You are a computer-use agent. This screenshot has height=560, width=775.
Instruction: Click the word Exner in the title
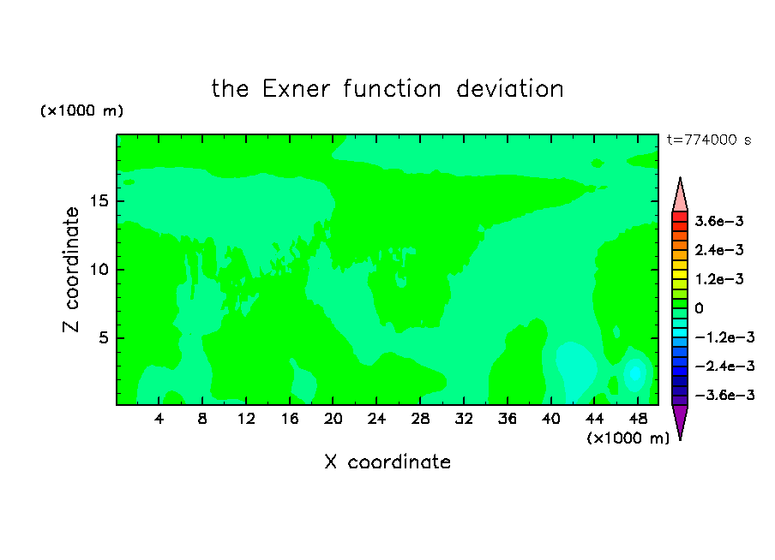point(296,89)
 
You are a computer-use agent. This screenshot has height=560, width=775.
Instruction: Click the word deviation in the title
point(509,89)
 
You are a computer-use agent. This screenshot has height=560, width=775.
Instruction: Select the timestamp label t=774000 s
point(709,140)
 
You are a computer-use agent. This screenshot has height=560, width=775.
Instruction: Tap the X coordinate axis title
point(387,462)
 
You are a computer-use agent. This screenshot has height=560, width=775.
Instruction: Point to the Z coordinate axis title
point(71,270)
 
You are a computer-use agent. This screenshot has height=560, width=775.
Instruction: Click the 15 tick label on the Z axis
point(99,201)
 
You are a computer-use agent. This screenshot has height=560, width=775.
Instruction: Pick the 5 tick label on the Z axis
point(104,337)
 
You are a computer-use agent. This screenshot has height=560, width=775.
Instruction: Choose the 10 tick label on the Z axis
point(99,270)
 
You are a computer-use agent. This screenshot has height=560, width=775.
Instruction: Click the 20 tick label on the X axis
point(333,419)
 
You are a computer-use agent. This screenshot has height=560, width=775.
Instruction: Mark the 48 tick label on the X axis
point(638,419)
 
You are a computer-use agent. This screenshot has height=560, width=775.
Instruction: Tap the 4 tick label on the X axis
point(159,419)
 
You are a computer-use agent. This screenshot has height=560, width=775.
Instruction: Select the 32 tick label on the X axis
point(464,419)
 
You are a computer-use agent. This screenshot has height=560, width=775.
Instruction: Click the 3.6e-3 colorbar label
point(719,221)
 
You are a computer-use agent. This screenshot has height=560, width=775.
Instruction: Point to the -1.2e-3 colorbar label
point(724,337)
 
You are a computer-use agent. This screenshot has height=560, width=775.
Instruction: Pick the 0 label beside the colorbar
point(699,308)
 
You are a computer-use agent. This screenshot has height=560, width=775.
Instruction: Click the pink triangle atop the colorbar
point(680,194)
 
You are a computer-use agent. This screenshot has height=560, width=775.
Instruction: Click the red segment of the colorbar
point(680,217)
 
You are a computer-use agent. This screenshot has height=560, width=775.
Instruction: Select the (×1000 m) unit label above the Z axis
point(82,110)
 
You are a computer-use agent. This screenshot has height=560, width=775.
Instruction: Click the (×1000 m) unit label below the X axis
point(628,438)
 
